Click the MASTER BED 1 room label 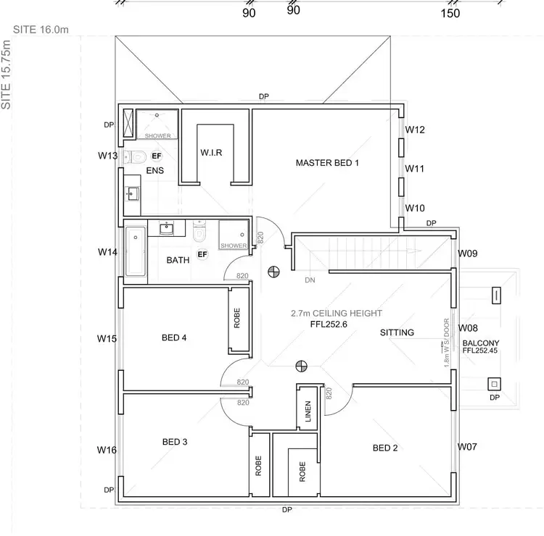click(x=327, y=163)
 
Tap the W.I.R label click(x=211, y=153)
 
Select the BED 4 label click(x=174, y=338)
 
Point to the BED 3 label click(x=174, y=442)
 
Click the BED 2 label click(x=385, y=448)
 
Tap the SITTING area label click(x=397, y=332)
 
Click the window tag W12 click(x=415, y=130)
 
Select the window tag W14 click(x=107, y=252)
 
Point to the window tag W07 click(x=467, y=447)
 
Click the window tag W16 click(x=107, y=450)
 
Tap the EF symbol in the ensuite click(x=156, y=156)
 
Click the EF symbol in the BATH click(x=202, y=254)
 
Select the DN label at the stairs click(x=309, y=279)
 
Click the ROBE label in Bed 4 click(x=237, y=319)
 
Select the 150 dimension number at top click(x=450, y=12)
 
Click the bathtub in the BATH click(x=136, y=252)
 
